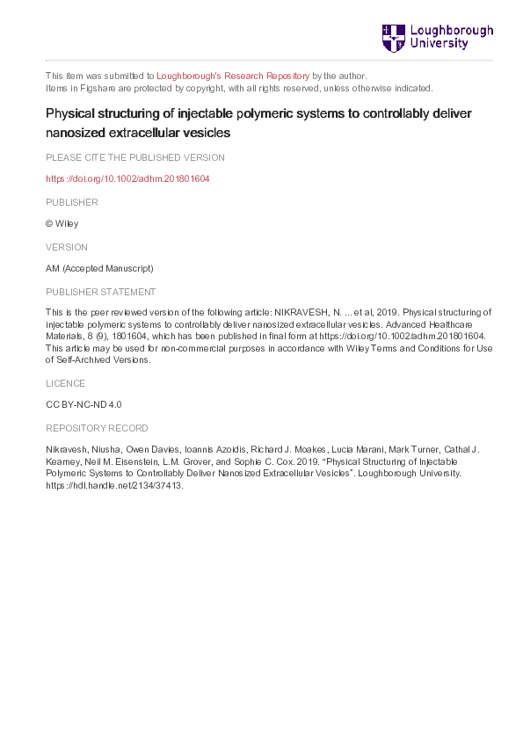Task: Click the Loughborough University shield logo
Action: click(x=393, y=38)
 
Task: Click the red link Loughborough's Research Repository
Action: click(x=233, y=76)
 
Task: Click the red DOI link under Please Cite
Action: click(x=127, y=179)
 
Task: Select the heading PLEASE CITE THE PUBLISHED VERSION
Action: click(x=134, y=157)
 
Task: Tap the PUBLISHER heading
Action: click(x=71, y=202)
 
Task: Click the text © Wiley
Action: click(x=62, y=224)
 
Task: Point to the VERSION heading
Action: click(x=67, y=247)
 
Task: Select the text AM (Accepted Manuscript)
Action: click(x=99, y=269)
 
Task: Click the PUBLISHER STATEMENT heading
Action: click(x=101, y=292)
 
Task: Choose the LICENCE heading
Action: click(x=65, y=383)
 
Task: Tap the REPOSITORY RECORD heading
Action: click(x=97, y=428)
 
